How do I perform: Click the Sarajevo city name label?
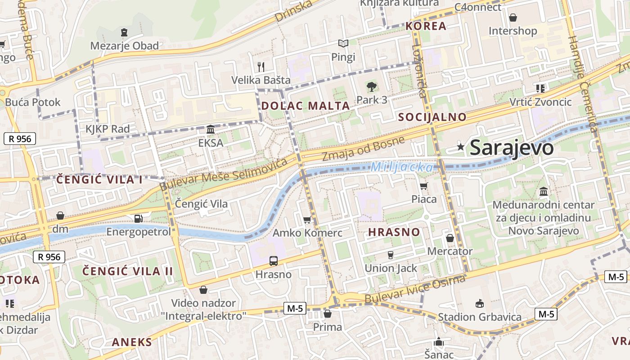pyautogui.click(x=511, y=148)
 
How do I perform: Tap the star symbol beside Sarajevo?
pyautogui.click(x=460, y=147)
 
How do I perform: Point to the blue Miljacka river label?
pyautogui.click(x=402, y=168)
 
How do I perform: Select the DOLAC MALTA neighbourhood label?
pyautogui.click(x=306, y=106)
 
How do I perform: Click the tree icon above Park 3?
pyautogui.click(x=371, y=86)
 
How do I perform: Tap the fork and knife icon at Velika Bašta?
pyautogui.click(x=261, y=67)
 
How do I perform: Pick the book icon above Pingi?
pyautogui.click(x=343, y=44)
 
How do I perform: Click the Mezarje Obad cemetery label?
pyautogui.click(x=125, y=46)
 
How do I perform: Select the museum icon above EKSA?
pyautogui.click(x=210, y=130)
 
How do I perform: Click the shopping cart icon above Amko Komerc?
pyautogui.click(x=307, y=220)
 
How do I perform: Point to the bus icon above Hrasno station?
pyautogui.click(x=273, y=261)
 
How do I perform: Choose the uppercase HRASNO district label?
pyautogui.click(x=394, y=232)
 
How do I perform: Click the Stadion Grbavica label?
pyautogui.click(x=480, y=317)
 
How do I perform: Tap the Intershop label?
pyautogui.click(x=513, y=31)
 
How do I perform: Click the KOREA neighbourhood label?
pyautogui.click(x=426, y=26)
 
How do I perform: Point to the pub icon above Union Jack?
pyautogui.click(x=391, y=255)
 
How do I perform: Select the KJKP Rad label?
pyautogui.click(x=108, y=129)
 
